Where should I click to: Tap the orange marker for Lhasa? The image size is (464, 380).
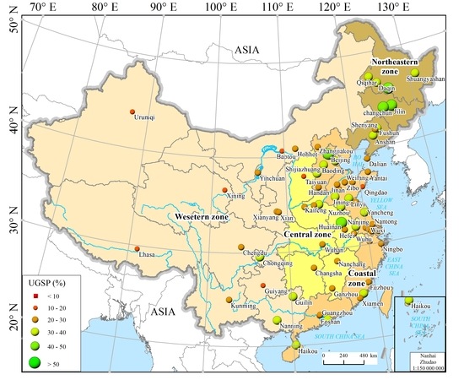click(x=136, y=248)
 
